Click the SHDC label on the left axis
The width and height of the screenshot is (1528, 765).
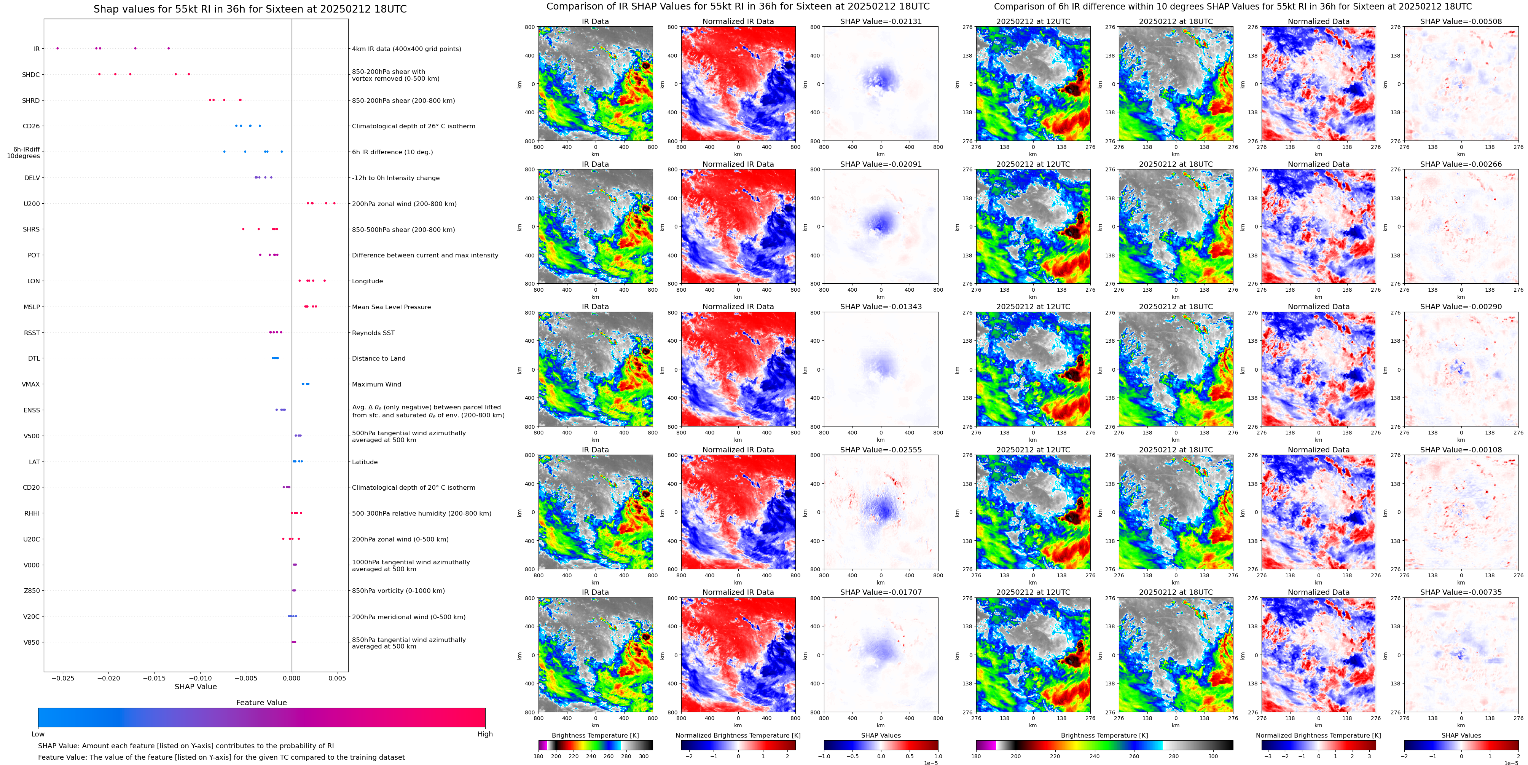click(31, 75)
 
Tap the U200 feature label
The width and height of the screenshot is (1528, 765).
click(32, 204)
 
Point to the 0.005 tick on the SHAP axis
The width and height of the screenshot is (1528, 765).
click(337, 678)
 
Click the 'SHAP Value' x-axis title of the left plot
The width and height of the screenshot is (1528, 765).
click(196, 687)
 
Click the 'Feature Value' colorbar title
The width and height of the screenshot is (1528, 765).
click(261, 703)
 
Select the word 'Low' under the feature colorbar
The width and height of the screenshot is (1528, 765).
click(38, 734)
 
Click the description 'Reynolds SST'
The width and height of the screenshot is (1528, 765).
click(373, 333)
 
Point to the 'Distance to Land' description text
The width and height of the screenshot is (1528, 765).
click(378, 358)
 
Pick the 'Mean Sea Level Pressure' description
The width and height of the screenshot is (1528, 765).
click(391, 307)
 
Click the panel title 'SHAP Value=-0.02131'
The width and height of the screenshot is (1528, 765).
click(881, 21)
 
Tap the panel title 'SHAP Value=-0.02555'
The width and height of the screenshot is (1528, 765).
click(881, 450)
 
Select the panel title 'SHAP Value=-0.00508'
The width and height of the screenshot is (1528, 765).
click(1461, 21)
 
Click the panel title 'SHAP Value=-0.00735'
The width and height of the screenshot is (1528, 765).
click(1461, 592)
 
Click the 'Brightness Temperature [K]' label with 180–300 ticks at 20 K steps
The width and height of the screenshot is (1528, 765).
click(595, 735)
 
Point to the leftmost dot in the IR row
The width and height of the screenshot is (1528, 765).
click(57, 48)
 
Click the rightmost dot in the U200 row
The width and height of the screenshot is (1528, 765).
click(335, 204)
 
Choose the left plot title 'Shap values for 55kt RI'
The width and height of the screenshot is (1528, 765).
click(250, 9)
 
